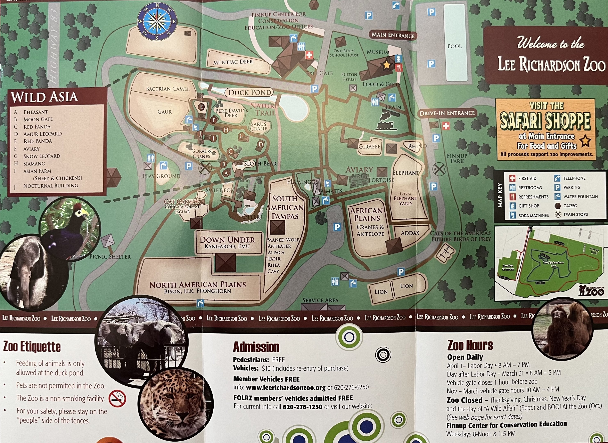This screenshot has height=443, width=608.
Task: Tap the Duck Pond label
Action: [250, 92]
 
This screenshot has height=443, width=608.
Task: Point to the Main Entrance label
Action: [393, 35]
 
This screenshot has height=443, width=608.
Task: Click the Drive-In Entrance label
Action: [447, 113]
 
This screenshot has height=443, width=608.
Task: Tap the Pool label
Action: [454, 46]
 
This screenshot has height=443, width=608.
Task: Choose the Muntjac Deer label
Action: [233, 62]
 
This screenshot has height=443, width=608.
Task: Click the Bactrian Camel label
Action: [167, 89]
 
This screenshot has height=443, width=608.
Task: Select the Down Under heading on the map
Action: [227, 240]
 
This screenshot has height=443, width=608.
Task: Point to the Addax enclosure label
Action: [410, 233]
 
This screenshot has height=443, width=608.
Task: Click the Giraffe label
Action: [369, 146]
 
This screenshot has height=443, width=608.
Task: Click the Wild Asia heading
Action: [44, 97]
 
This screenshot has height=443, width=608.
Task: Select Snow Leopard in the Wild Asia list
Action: [42, 156]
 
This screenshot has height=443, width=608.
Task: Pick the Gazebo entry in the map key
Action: [570, 206]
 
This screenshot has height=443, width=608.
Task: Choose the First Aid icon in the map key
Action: [512, 178]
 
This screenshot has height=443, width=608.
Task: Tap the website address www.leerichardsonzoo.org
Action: [286, 387]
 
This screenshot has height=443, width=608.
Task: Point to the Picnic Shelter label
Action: [110, 257]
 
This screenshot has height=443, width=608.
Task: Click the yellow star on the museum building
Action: [386, 65]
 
